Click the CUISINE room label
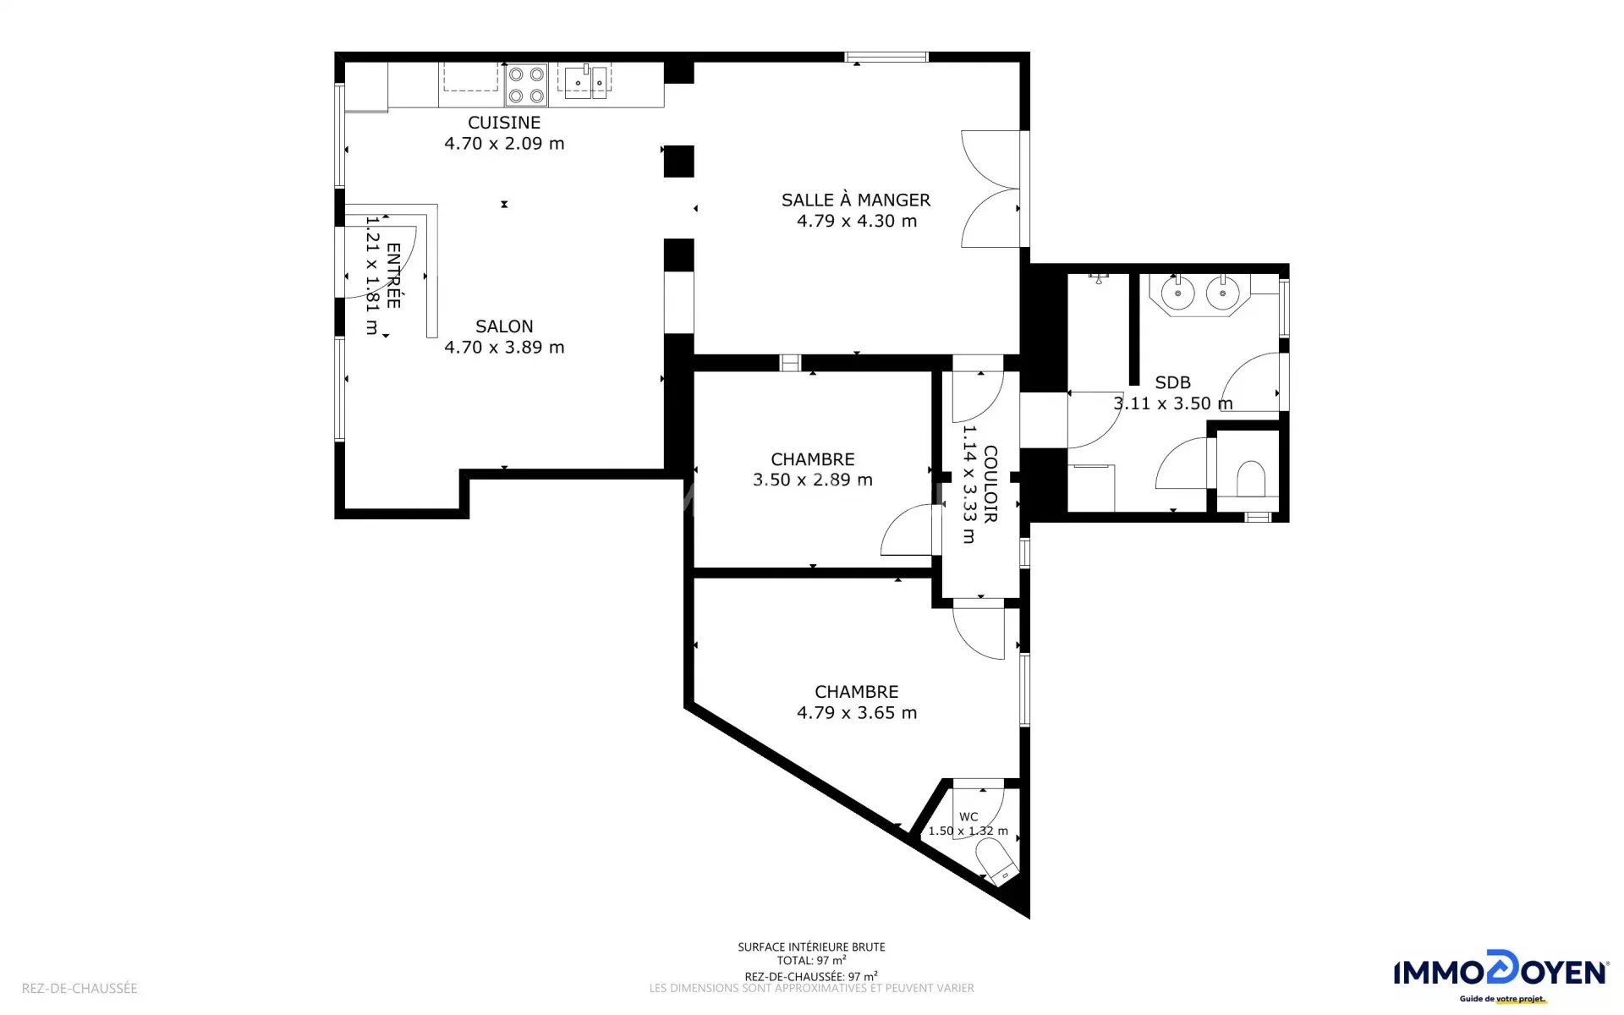504,123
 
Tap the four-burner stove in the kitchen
526,85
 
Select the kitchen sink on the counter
585,82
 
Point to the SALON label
504,326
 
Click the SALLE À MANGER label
856,200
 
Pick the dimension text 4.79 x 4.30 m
857,221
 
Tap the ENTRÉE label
393,276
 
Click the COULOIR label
990,485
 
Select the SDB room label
1172,382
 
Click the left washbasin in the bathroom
1177,294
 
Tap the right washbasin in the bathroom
1222,294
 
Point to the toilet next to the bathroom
1251,479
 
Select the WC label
968,817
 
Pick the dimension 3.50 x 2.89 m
813,480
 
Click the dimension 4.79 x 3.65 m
857,713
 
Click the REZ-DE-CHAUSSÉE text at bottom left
80,988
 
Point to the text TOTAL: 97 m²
812,961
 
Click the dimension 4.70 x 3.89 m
504,348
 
